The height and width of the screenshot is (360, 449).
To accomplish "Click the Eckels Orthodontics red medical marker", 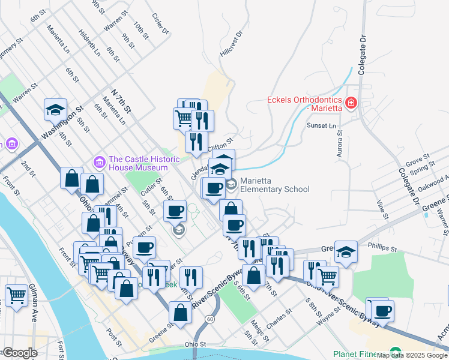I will (351, 103).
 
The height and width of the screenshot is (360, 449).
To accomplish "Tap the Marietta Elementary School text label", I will (275, 185).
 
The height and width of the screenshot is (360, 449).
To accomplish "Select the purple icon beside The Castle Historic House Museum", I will (99, 162).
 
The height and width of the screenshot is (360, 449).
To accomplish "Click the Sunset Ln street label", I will (322, 126).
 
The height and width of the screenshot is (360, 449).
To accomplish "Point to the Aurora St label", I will (339, 147).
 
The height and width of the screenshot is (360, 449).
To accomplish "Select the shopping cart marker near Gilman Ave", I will (16, 295).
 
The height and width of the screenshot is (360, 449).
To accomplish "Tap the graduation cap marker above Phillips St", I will (346, 252).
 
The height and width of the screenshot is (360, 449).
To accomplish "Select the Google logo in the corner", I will (19, 353).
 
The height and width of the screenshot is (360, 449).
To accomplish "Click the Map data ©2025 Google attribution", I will (412, 355).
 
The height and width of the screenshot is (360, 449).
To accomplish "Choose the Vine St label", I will (379, 208).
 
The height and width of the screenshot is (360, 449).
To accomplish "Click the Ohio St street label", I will (195, 345).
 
